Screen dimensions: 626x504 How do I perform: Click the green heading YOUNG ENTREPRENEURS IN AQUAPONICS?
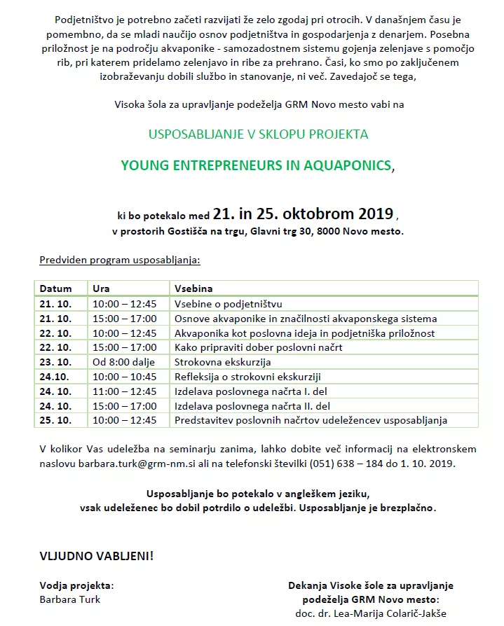coord(257,165)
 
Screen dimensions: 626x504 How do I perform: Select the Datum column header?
coord(55,288)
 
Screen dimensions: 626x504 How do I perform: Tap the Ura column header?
coord(101,288)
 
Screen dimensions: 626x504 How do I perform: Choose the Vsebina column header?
coord(193,288)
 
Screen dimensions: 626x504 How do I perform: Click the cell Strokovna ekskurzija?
coord(222,362)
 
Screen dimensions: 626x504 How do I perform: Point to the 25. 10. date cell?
coord(55,420)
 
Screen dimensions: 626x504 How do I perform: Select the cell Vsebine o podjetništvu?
coord(228,304)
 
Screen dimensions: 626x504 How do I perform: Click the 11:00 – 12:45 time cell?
coord(124,391)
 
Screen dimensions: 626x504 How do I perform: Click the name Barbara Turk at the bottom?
coord(70,599)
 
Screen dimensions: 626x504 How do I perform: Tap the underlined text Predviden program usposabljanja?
coord(119,260)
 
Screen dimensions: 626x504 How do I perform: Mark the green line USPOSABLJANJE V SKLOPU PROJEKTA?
coord(258,134)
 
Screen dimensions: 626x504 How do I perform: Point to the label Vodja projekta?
coord(76,585)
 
